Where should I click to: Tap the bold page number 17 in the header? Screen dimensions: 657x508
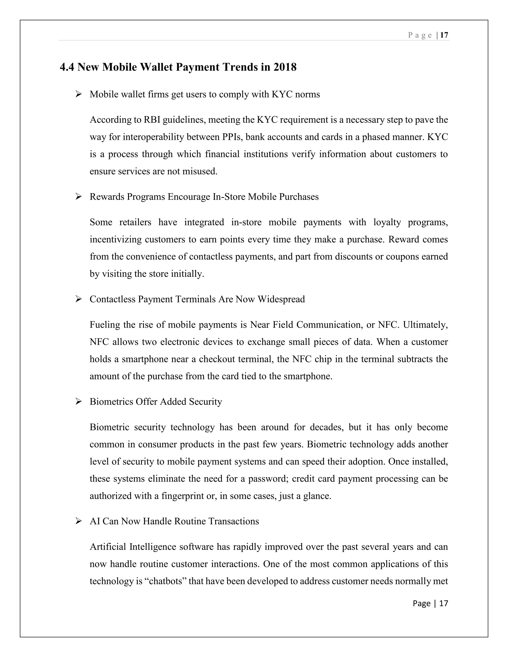click(444, 35)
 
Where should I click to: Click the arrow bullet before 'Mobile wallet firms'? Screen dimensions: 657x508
click(79, 94)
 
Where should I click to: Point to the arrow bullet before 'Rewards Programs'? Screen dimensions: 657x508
click(79, 197)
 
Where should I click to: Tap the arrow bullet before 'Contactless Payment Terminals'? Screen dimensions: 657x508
click(79, 299)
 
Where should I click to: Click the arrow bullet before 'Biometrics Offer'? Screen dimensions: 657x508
click(79, 402)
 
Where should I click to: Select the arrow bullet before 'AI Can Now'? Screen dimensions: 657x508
click(79, 521)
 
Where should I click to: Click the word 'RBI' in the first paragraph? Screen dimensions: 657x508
click(152, 120)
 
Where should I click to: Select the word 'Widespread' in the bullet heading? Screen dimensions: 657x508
click(281, 299)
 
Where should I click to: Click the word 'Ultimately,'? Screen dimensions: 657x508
click(426, 325)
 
